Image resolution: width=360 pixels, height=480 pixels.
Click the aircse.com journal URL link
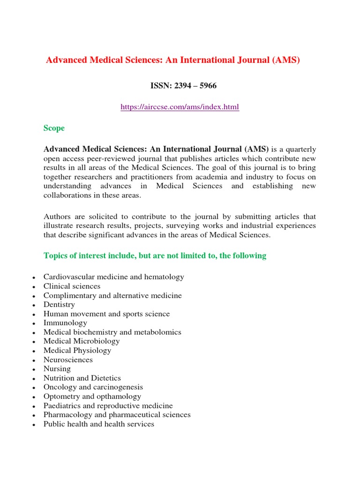[x=180, y=107]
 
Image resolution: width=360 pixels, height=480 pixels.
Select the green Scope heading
[x=54, y=128]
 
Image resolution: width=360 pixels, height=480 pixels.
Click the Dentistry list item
[x=59, y=305]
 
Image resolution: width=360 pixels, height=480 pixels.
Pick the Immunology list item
[x=65, y=323]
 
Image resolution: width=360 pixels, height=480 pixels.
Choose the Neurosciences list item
[x=68, y=360]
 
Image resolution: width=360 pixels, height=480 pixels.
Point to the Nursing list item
[x=57, y=369]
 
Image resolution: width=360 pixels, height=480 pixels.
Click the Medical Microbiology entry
[x=82, y=341]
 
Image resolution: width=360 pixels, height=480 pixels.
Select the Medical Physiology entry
[x=77, y=351]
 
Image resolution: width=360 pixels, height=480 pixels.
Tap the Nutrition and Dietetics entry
[x=82, y=378]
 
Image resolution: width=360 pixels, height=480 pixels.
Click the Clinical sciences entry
[x=72, y=286]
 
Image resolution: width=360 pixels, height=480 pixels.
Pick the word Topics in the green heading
[x=55, y=255]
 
